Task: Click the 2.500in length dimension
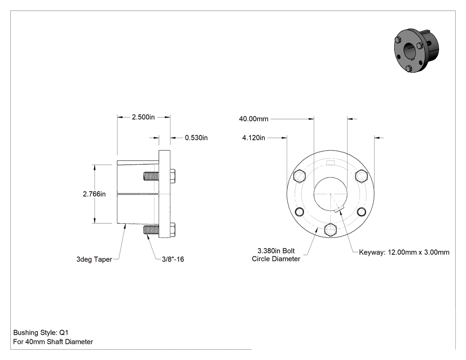[x=143, y=117]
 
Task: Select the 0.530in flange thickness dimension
[x=196, y=138]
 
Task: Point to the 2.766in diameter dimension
[x=94, y=194]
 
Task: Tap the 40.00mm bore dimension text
[x=253, y=119]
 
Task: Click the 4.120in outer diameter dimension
[x=253, y=138]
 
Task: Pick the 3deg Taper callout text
[x=94, y=259]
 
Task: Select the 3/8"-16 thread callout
[x=173, y=259]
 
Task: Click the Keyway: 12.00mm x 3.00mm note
[x=404, y=253]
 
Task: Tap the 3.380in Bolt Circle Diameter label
[x=276, y=255]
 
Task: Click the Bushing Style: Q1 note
[x=41, y=332]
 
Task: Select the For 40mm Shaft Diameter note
[x=53, y=342]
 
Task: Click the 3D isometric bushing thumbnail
[x=416, y=51]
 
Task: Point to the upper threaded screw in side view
[x=151, y=176]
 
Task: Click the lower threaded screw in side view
[x=151, y=230]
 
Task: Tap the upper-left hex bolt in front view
[x=300, y=176]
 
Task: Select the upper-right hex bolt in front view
[x=361, y=176]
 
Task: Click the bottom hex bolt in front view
[x=331, y=230]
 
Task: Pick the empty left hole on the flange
[x=300, y=212]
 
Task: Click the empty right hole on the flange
[x=361, y=212]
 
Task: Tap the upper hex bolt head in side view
[x=173, y=176]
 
